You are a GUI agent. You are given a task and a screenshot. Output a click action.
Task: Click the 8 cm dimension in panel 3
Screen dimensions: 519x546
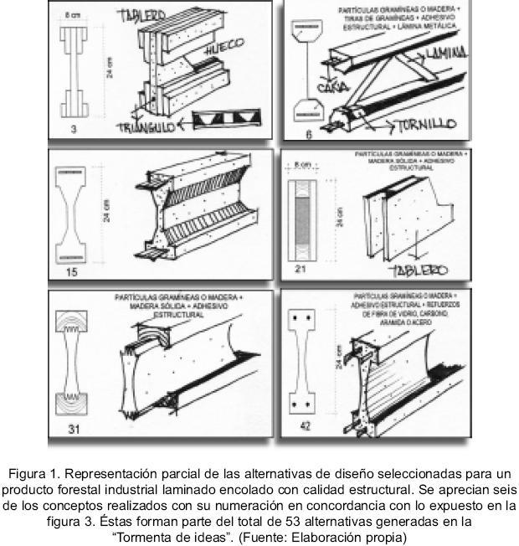tap(74, 15)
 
